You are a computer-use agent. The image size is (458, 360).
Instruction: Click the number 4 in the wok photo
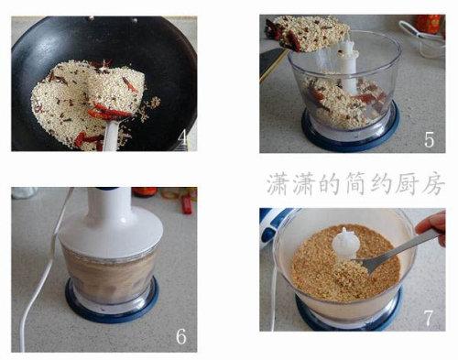pos(183,136)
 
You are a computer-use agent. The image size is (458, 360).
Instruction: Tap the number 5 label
pos(430,140)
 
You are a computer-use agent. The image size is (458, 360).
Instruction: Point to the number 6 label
pos(180,336)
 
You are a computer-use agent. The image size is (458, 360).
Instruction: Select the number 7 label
pos(429,319)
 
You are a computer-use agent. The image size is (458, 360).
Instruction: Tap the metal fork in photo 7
pos(397,249)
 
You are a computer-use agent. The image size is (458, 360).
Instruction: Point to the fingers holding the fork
pos(432,226)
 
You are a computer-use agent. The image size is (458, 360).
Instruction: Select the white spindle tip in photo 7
pos(344,241)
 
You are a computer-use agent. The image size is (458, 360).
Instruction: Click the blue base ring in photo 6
pos(112,309)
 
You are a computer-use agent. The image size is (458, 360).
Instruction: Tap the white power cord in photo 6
pos(43,272)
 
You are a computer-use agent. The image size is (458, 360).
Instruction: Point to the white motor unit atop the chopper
pos(111,223)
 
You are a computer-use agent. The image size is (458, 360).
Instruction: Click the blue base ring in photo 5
pos(351,135)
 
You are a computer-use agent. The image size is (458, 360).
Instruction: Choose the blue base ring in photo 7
pos(348,318)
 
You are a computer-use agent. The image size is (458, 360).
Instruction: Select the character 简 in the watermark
pos(354,184)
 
